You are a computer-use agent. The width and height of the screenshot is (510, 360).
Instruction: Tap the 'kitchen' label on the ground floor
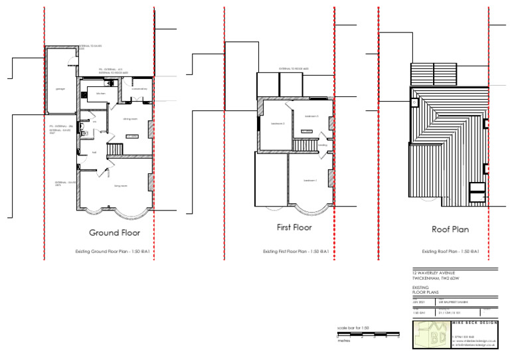point(101,94)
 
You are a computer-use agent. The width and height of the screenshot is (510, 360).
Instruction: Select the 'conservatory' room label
point(139,88)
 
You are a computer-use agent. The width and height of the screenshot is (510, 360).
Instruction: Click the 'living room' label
point(120,186)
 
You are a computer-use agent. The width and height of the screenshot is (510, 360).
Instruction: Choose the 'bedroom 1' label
point(310,180)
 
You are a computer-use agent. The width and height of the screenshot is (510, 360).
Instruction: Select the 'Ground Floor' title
point(114,233)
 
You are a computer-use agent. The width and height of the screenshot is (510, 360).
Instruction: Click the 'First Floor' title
point(294,228)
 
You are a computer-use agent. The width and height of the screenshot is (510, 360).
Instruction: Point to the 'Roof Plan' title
point(450,230)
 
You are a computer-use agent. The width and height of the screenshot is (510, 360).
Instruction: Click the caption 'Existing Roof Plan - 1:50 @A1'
point(450,252)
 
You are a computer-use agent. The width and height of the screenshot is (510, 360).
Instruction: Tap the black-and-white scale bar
point(369,335)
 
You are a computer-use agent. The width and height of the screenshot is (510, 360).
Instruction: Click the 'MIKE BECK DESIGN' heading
point(474,322)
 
